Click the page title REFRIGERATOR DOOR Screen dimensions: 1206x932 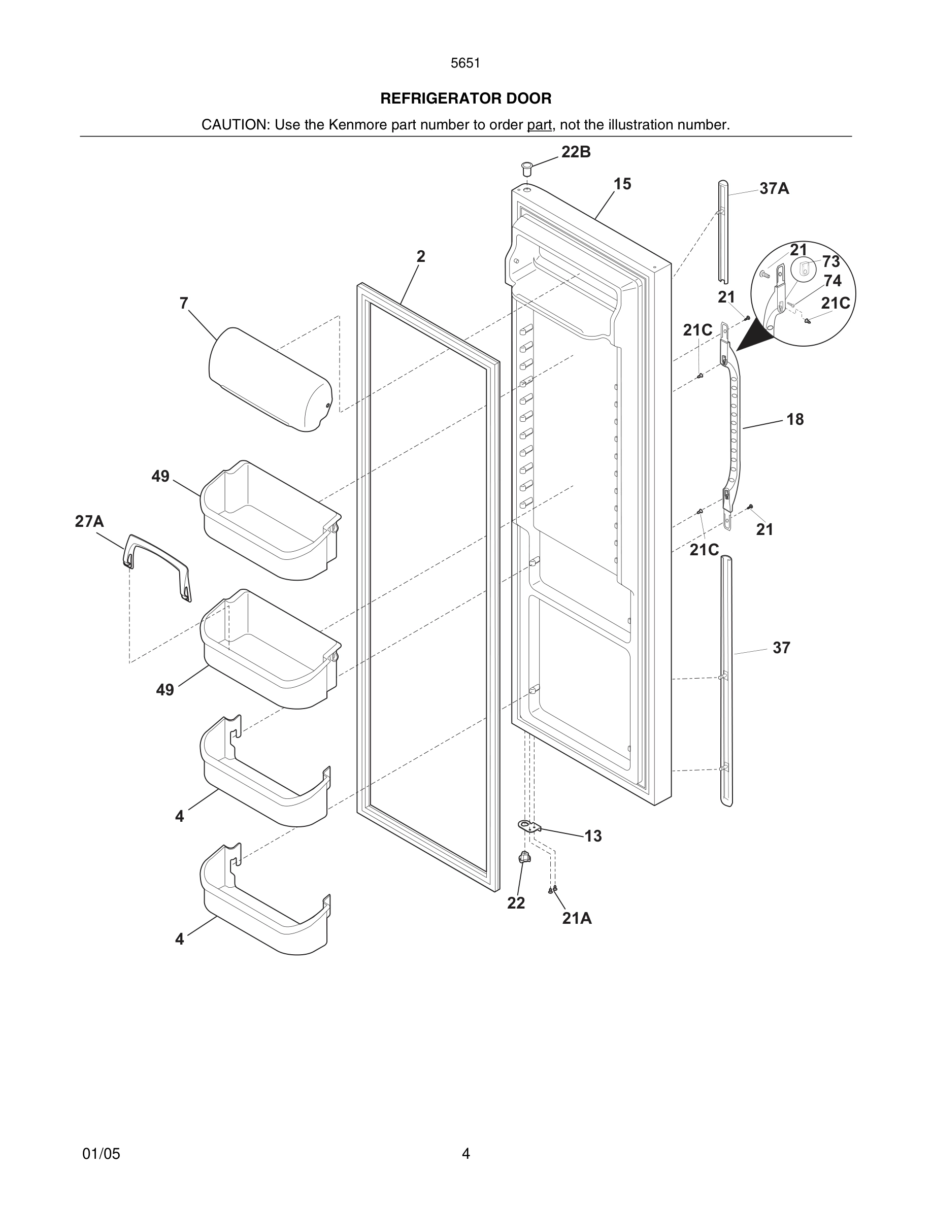[x=465, y=98]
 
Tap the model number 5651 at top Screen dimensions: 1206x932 [x=465, y=63]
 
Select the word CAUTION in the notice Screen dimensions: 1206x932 [x=234, y=125]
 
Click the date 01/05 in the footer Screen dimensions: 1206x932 [x=101, y=1154]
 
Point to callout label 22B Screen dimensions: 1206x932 [x=576, y=152]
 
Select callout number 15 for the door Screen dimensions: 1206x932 [x=622, y=184]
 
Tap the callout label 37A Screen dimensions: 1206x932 [x=774, y=189]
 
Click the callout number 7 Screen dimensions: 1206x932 [x=184, y=303]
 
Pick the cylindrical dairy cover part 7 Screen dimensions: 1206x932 [x=271, y=379]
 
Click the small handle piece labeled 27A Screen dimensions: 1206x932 [x=158, y=566]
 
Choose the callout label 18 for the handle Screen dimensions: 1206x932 [x=795, y=420]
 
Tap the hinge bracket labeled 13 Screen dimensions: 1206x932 [x=529, y=826]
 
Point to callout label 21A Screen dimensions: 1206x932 [x=577, y=918]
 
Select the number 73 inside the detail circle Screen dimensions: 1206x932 [x=830, y=261]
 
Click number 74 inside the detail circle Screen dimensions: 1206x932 [x=833, y=281]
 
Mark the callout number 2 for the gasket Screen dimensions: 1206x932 [x=421, y=257]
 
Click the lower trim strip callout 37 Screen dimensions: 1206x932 [x=781, y=648]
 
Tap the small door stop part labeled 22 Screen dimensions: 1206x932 [x=524, y=858]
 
